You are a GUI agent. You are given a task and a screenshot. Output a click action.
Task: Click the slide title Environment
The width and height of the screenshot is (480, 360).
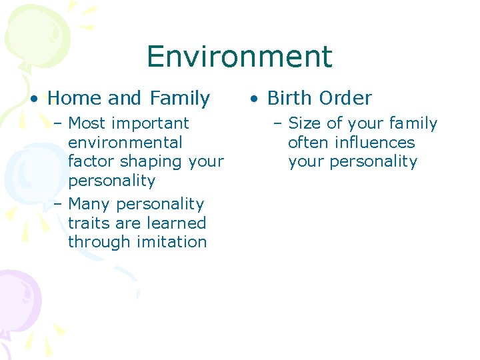click(239, 57)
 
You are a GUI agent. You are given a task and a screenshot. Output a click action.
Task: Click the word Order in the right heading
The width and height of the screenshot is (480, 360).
click(347, 99)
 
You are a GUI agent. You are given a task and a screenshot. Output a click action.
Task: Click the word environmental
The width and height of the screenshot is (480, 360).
click(125, 143)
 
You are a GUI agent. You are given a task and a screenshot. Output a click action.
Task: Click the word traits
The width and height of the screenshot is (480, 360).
click(88, 223)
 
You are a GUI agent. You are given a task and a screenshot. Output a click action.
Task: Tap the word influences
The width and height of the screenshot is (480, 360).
click(375, 143)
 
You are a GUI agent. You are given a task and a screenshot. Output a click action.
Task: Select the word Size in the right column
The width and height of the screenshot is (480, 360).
click(304, 123)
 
